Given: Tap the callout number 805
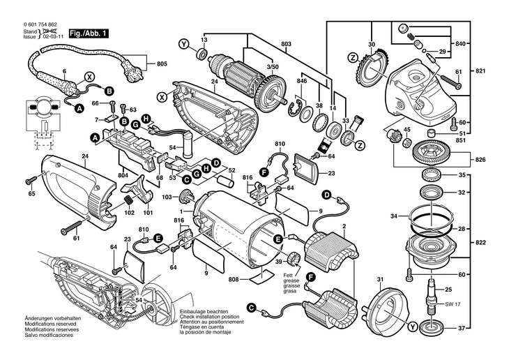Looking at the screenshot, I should coord(162,64).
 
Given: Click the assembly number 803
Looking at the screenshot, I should coord(286,44).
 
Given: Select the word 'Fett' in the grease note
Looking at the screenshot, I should coord(287,276).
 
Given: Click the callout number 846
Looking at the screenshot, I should coord(301,82).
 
